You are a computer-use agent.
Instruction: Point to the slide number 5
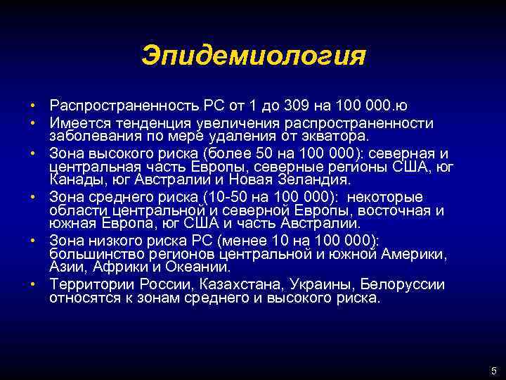pyautogui.click(x=493, y=371)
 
